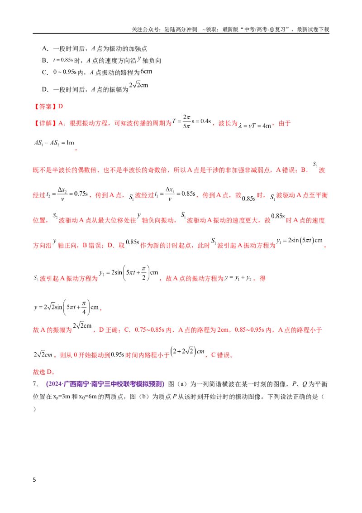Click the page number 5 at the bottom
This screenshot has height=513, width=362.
coord(34,479)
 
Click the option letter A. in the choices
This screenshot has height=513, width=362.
coord(45,49)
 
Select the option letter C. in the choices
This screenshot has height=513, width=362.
coord(45,73)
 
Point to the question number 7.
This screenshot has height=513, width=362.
coord(35,384)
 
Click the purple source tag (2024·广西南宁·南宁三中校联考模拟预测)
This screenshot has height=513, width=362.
coord(105,384)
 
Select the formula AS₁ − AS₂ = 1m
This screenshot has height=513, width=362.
coord(54,143)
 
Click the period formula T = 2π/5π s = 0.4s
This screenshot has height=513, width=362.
coord(192,121)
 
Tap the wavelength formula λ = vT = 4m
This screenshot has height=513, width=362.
coord(255,126)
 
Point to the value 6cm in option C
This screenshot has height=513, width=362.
coord(146,71)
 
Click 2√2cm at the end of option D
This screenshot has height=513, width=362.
coord(138,85)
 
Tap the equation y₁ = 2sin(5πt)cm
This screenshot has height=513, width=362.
coord(300,241)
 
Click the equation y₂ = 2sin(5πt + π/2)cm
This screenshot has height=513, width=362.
coord(129,272)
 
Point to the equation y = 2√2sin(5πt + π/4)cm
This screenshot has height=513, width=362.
coord(67,307)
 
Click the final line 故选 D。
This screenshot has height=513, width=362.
coord(44,372)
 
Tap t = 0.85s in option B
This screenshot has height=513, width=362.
coord(63,60)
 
